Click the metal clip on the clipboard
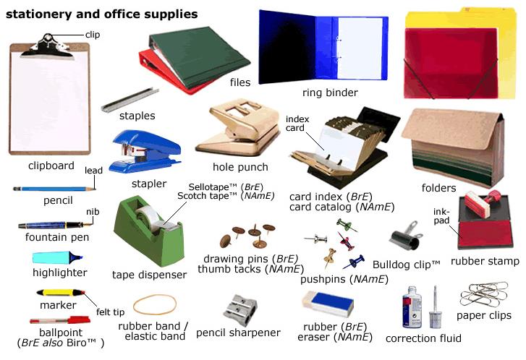click(x=47, y=48)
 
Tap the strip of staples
click(x=130, y=99)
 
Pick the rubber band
click(x=155, y=304)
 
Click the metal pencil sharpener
click(x=240, y=309)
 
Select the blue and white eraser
click(x=328, y=304)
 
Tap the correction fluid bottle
click(x=412, y=307)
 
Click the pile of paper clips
click(x=484, y=294)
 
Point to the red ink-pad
click(x=485, y=234)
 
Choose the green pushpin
click(x=346, y=225)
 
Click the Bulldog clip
click(x=407, y=236)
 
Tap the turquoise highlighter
click(x=57, y=257)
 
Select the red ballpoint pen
click(x=60, y=320)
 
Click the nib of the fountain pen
click(x=88, y=224)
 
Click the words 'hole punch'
click(x=240, y=167)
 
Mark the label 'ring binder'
click(x=330, y=93)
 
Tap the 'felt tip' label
click(x=111, y=312)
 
